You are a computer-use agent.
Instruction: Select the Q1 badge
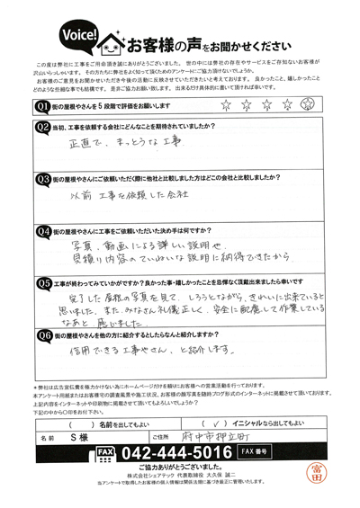click(x=44, y=106)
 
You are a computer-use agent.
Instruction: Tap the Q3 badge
click(x=44, y=178)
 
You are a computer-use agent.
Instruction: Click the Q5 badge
click(x=44, y=282)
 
